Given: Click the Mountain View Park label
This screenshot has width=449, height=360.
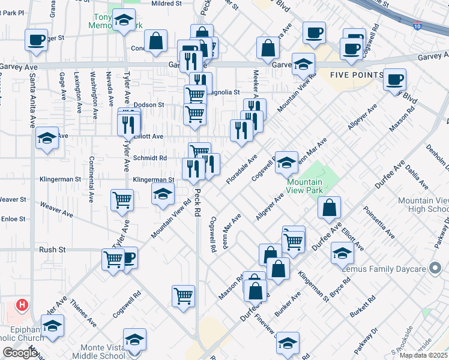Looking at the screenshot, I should pyautogui.click(x=304, y=186).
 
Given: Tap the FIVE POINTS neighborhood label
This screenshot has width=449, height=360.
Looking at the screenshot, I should pyautogui.click(x=357, y=75).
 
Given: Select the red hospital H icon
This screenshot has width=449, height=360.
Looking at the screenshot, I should pyautogui.click(x=22, y=305).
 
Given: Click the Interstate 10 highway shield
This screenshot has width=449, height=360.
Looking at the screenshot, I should pyautogui.click(x=417, y=26).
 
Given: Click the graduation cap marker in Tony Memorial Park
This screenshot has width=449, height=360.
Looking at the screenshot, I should pyautogui.click(x=124, y=22).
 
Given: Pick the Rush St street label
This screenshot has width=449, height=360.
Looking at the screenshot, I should pyautogui.click(x=52, y=250).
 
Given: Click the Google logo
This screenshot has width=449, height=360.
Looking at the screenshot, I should pyautogui.click(x=19, y=353).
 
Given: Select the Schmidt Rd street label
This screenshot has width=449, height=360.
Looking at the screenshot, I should pyautogui.click(x=149, y=158).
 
